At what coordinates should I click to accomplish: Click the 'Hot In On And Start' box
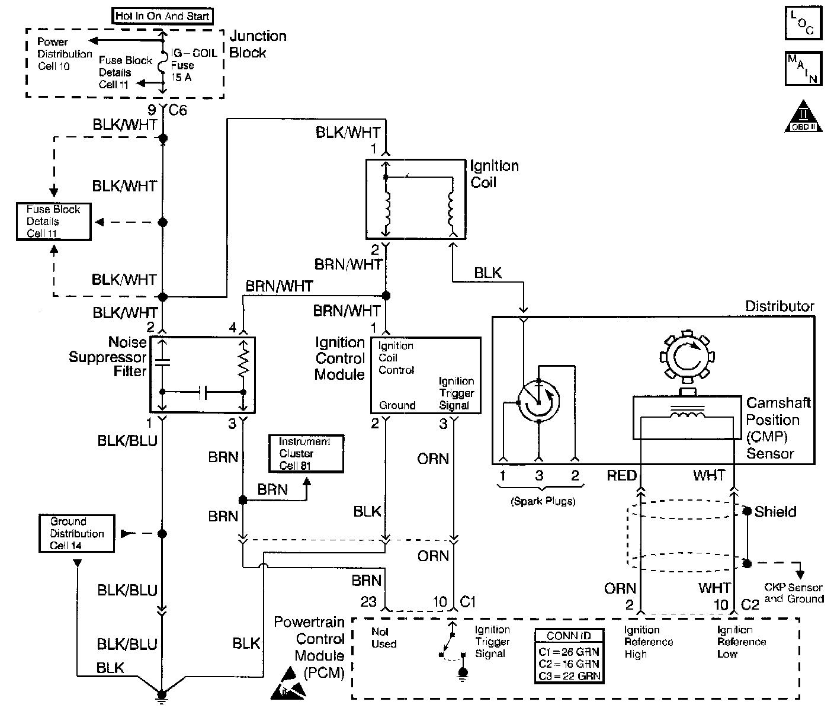point(162,16)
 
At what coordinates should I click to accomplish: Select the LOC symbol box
point(803,23)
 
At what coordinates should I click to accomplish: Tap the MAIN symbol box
point(803,68)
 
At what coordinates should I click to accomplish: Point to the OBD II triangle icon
point(803,117)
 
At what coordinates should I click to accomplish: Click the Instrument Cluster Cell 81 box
point(306,453)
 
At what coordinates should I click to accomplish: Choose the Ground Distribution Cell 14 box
point(76,533)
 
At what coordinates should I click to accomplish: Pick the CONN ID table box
point(569,655)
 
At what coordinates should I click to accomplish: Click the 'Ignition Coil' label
point(494,174)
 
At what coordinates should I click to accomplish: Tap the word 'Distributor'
point(780,306)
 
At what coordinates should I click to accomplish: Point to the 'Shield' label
point(775,512)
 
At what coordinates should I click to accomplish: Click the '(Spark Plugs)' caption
point(543,501)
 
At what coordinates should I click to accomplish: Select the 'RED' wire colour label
point(621,475)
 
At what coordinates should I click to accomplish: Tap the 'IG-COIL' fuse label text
point(194,53)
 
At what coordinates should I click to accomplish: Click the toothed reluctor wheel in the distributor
point(687,357)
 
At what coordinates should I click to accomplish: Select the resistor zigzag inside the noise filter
point(243,358)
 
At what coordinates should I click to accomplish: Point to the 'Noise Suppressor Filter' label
point(108,357)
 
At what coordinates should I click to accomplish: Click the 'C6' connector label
point(177,110)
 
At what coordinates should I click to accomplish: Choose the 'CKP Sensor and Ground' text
point(794,592)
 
